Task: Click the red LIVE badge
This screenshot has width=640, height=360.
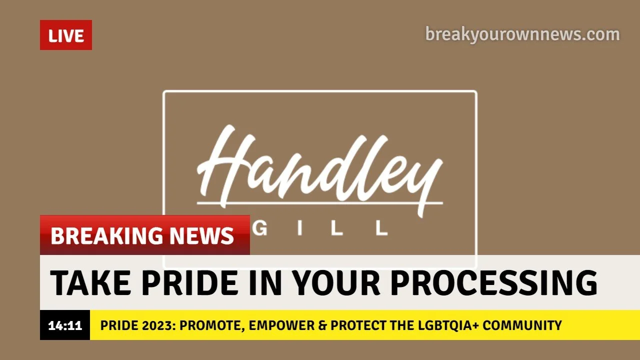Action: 65,35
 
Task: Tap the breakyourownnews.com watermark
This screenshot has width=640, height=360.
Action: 522,34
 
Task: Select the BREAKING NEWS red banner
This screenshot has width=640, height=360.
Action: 144,235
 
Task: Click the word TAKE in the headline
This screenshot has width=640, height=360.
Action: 89,282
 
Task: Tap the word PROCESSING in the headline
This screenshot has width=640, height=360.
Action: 493,282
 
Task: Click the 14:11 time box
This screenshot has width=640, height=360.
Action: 65,325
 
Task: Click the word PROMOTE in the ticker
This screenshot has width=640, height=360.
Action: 210,325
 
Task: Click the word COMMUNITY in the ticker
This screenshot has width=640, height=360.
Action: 522,325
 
